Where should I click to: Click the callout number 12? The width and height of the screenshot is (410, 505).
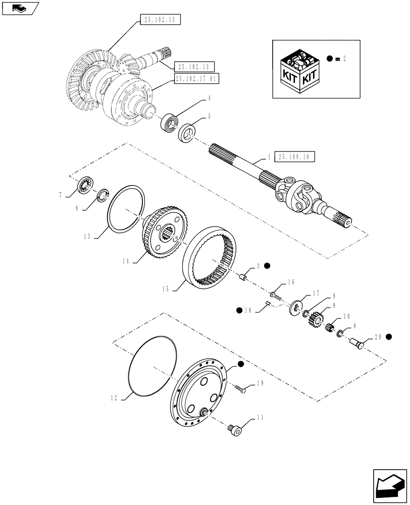(116, 398)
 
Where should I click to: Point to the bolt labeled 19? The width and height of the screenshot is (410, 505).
(240, 389)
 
